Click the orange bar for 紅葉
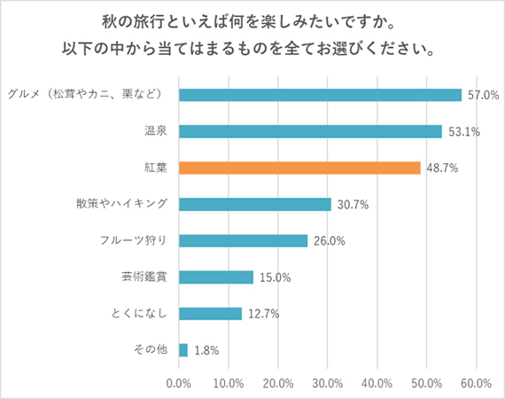tap(299, 168)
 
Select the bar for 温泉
tap(310, 131)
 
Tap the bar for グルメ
tap(320, 95)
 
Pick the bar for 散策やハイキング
tap(255, 204)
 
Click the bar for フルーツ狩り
tap(243, 240)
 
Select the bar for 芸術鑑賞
tap(216, 277)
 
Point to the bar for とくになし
tap(210, 313)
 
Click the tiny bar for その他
tap(183, 350)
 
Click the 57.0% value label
tap(482, 95)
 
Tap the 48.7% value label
tap(441, 168)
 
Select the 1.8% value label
tap(207, 350)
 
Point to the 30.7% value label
tap(352, 204)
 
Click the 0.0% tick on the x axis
tap(179, 383)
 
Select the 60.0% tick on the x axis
tap(476, 383)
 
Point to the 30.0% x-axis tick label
tap(328, 383)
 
